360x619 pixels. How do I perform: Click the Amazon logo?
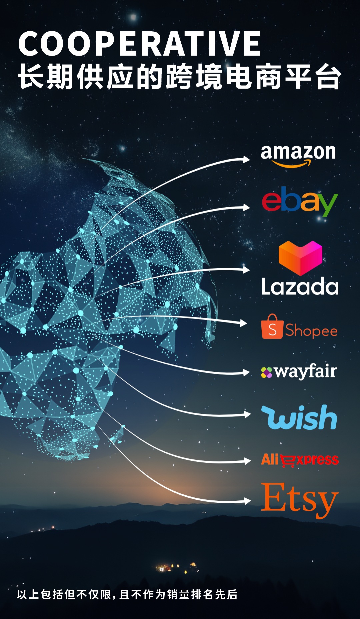coord(298,155)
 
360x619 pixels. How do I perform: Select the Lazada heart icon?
coord(300,258)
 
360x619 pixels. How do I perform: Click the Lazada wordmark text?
coord(300,287)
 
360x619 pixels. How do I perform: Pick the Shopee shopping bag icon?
coord(272,327)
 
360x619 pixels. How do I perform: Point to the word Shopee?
coord(311,331)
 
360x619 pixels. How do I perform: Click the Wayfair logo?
coord(299,372)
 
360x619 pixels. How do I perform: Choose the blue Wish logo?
coord(299,417)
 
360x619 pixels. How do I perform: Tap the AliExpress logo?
coord(300,460)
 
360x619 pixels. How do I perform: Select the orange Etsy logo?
coord(299,499)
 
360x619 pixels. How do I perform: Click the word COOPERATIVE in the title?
coord(139,44)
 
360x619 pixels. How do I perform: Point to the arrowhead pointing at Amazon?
coord(246,160)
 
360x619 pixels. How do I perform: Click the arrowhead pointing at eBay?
coord(246,208)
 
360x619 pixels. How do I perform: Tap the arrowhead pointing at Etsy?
coord(247,501)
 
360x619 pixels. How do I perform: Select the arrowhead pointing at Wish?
coord(247,414)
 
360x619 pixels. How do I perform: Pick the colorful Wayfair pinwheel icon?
coord(267,372)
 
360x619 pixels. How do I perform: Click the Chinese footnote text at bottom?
coord(127,594)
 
